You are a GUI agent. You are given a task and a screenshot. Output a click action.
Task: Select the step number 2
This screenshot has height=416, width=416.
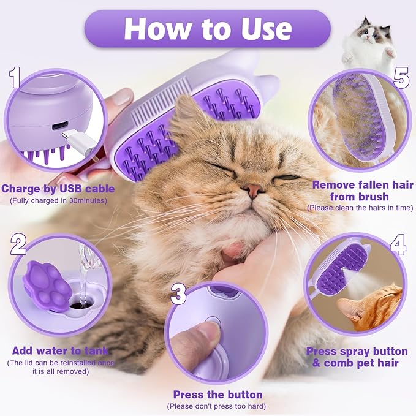click(18, 244)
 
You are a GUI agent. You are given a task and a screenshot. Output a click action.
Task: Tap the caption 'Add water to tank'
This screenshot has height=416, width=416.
click(60, 351)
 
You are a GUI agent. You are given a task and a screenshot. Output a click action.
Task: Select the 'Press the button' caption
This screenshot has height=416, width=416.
click(217, 395)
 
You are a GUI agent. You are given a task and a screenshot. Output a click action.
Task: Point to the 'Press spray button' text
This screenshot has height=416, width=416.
click(357, 351)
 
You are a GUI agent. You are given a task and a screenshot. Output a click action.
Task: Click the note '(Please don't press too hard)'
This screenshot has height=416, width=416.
click(217, 406)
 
